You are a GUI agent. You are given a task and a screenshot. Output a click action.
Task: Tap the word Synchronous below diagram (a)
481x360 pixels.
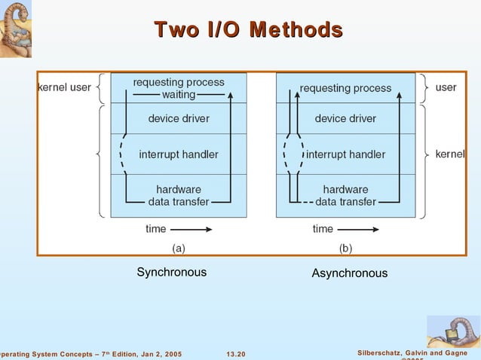171,272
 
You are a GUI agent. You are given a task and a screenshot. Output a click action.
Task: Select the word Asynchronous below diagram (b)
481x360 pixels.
349,273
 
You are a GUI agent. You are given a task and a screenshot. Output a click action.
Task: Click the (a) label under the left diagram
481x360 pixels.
178,247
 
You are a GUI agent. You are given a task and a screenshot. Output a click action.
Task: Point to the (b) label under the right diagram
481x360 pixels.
345,247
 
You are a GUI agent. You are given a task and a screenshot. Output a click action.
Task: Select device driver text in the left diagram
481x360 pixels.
179,118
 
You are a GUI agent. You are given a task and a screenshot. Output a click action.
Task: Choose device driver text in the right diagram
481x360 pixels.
345,118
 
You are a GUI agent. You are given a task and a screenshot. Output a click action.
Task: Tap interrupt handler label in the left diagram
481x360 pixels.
179,154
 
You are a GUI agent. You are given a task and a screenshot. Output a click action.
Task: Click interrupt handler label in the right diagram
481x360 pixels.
345,154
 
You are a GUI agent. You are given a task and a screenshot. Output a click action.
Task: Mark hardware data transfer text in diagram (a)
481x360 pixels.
179,195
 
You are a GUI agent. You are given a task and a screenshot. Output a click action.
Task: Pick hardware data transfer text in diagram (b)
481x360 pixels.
345,195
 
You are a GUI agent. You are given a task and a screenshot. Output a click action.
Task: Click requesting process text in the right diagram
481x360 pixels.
345,88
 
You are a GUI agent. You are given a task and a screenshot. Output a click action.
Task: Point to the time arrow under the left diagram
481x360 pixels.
191,228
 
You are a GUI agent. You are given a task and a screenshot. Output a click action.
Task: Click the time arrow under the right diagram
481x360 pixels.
359,228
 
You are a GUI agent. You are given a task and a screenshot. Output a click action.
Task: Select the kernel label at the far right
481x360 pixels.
450,154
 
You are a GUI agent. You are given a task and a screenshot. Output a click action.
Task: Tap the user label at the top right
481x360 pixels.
446,87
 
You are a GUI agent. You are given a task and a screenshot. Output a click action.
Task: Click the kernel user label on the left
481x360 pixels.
64,88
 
